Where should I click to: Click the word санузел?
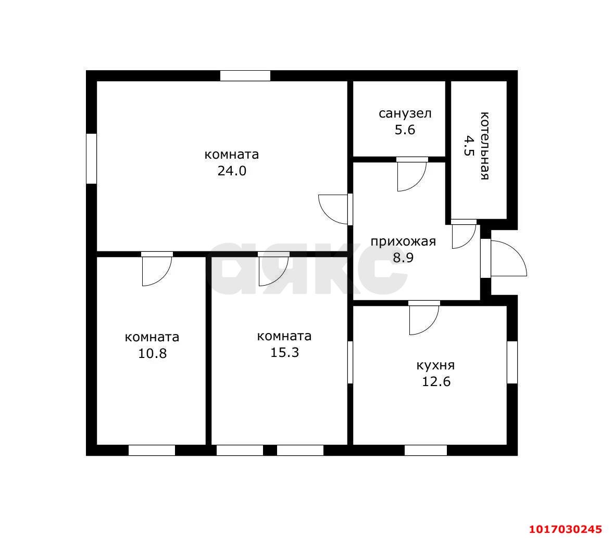(x=405, y=114)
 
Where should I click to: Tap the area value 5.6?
(x=405, y=130)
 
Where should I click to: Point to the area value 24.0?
(x=232, y=171)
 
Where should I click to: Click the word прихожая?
(x=403, y=242)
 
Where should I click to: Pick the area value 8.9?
(x=403, y=258)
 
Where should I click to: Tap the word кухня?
(x=435, y=366)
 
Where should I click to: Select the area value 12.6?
(x=436, y=382)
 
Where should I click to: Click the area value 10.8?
(x=152, y=354)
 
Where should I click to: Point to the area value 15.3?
(x=284, y=353)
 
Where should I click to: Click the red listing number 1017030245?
(x=565, y=529)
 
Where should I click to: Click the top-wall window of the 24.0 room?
(x=245, y=76)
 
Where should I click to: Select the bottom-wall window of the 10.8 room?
(x=152, y=451)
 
